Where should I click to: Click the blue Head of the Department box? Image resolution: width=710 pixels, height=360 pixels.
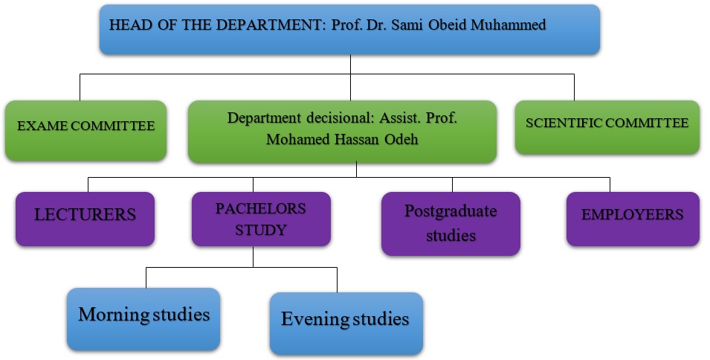point(349,29)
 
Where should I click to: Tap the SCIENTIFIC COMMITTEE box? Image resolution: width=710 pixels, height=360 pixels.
point(607,127)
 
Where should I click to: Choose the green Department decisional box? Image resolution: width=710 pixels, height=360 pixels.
point(341,132)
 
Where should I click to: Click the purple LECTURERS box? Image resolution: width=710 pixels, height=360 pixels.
point(85,218)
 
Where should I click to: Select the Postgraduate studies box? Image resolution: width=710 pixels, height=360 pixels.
point(451,223)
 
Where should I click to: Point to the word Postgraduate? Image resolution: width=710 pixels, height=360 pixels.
point(451,211)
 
